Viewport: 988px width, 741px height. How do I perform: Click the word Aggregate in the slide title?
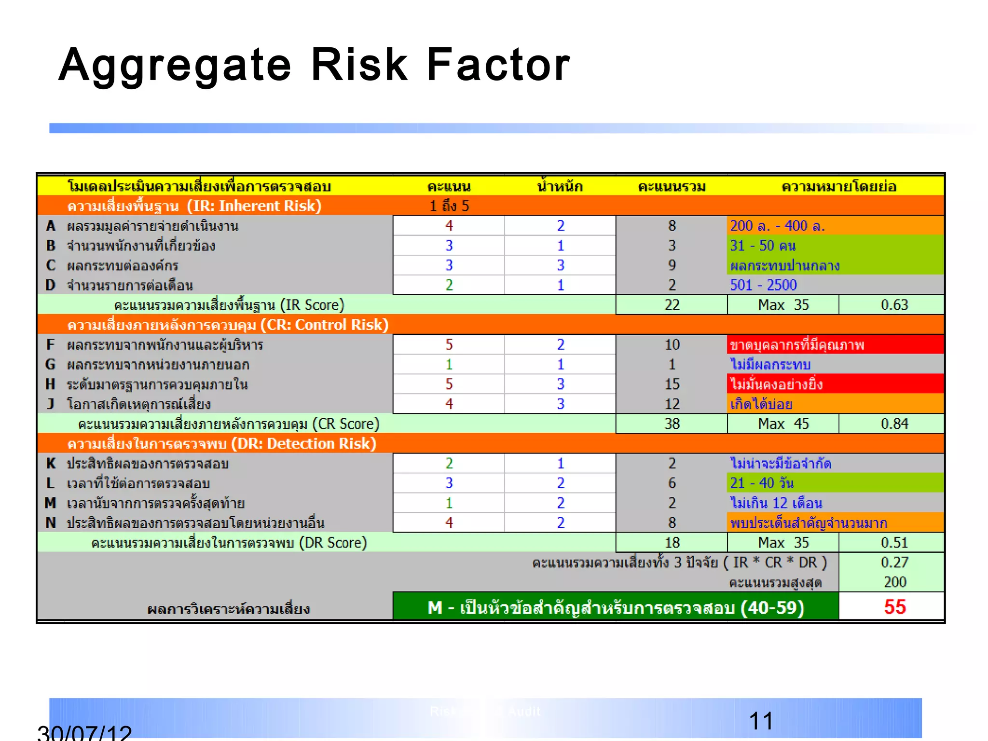click(x=175, y=66)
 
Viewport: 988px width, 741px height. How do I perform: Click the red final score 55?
click(x=894, y=607)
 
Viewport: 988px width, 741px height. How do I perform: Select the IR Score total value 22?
click(x=672, y=305)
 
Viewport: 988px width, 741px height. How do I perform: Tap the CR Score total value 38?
click(x=672, y=424)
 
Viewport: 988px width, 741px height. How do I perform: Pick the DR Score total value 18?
click(x=672, y=542)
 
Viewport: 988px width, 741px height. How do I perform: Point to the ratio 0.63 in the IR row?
click(x=894, y=305)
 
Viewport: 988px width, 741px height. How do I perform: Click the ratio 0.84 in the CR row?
click(x=894, y=424)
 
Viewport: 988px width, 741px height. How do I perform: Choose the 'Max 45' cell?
click(x=783, y=424)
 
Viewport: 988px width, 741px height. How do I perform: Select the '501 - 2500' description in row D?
click(x=763, y=285)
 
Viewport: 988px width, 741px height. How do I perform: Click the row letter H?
click(x=50, y=384)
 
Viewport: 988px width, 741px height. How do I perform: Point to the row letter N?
click(x=50, y=522)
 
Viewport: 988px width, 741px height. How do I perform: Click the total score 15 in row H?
click(x=672, y=384)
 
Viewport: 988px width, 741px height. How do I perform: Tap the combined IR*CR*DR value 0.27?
click(x=894, y=562)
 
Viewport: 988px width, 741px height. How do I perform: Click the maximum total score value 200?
click(x=894, y=582)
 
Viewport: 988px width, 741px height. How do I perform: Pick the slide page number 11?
click(x=761, y=721)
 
